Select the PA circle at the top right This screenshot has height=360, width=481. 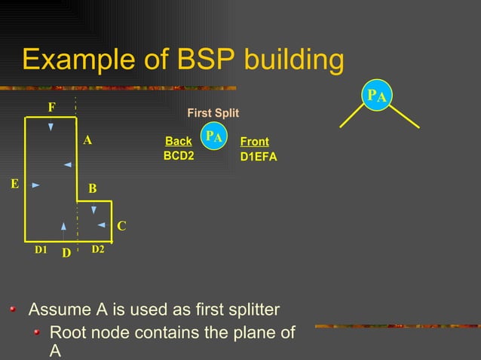click(x=377, y=96)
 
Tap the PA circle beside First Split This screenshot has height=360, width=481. click(x=215, y=137)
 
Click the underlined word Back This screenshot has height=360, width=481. click(x=179, y=141)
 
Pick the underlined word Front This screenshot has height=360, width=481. click(x=254, y=141)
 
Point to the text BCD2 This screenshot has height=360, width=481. click(x=179, y=157)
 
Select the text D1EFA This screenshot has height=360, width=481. click(x=259, y=157)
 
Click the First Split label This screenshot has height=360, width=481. click(x=213, y=113)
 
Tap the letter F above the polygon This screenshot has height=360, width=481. click(x=51, y=108)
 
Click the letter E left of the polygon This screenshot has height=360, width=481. click(x=14, y=183)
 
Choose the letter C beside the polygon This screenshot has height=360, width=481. click(x=121, y=225)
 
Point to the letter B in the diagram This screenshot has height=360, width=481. click(x=92, y=188)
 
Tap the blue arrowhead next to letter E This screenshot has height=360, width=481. click(x=35, y=184)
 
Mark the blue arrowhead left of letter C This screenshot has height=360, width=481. click(x=101, y=224)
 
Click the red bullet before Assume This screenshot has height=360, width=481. click(x=12, y=309)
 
